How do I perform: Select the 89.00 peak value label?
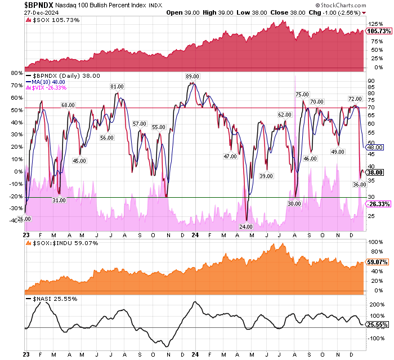pos(193,76)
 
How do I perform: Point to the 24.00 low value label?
pos(247,226)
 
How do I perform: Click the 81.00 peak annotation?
pos(117,87)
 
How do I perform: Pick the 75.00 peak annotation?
pos(302,95)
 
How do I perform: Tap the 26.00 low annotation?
pos(23,219)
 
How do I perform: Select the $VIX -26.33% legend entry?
pos(46,88)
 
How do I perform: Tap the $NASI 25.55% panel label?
pos(47,298)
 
